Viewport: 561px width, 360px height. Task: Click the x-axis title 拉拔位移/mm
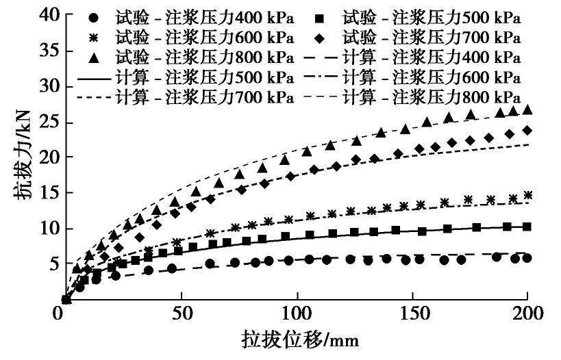tap(299, 340)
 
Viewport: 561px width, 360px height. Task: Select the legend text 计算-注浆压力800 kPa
tap(431, 97)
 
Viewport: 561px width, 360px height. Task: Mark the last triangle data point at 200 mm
tap(527, 109)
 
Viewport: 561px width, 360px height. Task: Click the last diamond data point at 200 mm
tap(527, 130)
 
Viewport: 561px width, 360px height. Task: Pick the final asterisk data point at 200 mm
tap(527, 195)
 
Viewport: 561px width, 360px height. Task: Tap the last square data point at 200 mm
tap(527, 227)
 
